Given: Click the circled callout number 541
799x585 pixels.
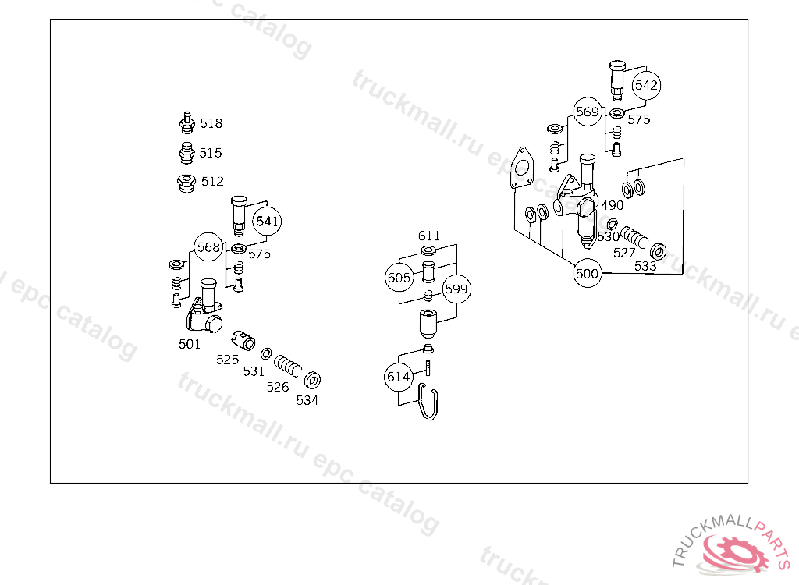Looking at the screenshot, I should pos(268,222).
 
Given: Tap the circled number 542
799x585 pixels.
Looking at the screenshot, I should pos(646,85).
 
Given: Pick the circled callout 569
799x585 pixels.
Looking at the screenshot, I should pos(588,112).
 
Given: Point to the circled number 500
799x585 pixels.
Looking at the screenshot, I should pos(587,274).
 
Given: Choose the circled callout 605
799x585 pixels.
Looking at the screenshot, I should pos(399,278).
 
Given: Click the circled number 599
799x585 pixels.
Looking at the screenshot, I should pos(456,289).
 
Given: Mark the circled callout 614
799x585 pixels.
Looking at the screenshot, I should pos(398,377).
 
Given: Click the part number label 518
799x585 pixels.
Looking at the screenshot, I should pos(211,123).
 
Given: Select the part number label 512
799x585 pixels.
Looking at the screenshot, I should pos(212,181).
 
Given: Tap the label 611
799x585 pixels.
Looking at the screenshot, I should pos(428,236).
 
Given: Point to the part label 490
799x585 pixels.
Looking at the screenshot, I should pos(612,205).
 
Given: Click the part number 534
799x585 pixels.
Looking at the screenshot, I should pos(307,400).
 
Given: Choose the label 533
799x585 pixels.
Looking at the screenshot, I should pos(645,266).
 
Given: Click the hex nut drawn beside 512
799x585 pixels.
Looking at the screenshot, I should pos(185,184).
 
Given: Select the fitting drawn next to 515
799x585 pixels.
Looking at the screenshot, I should pos(186,151).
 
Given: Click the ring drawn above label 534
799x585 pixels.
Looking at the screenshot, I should pos(314,380).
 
